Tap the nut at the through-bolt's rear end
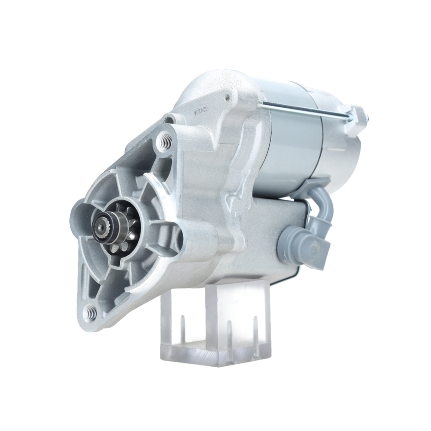(x=361, y=115)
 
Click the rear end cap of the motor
(x=345, y=147)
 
